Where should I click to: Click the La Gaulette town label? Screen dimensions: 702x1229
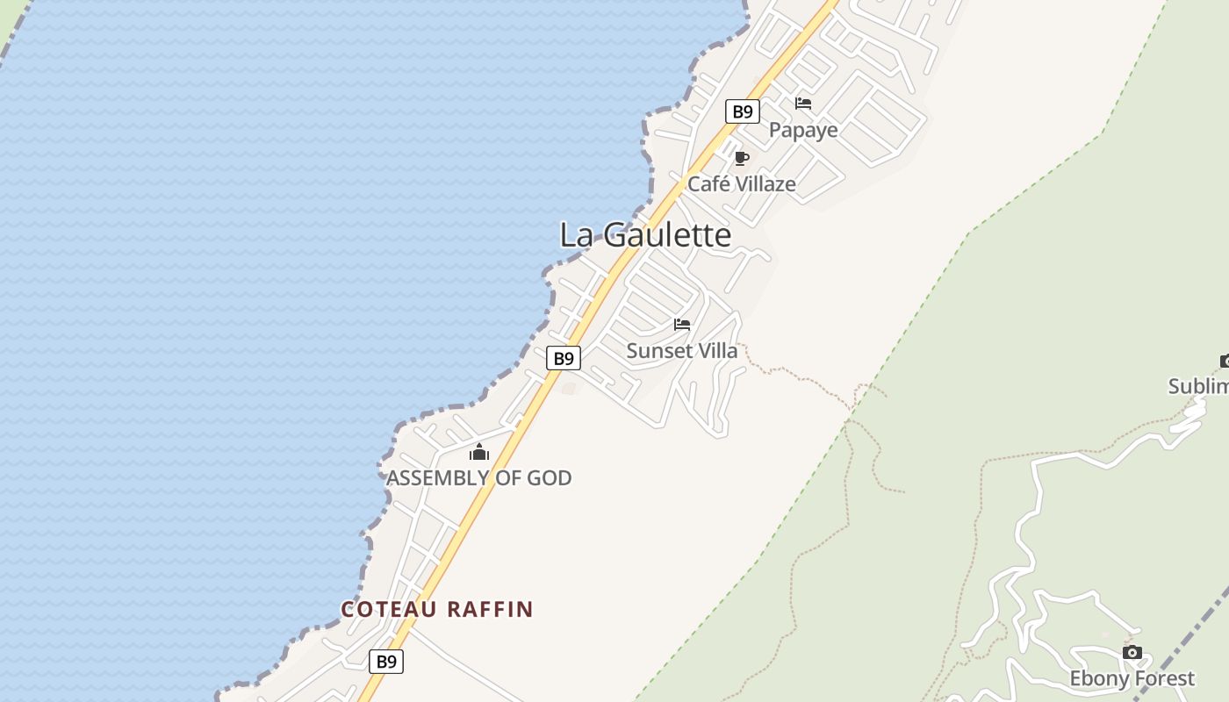tap(645, 234)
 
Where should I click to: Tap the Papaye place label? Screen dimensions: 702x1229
tap(803, 130)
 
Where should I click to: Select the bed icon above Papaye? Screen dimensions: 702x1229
tap(803, 104)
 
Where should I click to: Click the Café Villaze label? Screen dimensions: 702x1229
tap(742, 184)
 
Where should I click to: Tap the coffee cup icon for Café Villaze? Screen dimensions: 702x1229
tap(742, 159)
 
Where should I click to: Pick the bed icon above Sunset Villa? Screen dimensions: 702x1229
tap(682, 325)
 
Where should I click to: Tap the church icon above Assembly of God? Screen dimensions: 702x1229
tap(479, 452)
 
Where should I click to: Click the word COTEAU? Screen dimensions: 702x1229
tap(389, 609)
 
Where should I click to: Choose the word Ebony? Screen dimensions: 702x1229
tap(1098, 678)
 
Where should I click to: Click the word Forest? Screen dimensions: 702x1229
tap(1163, 678)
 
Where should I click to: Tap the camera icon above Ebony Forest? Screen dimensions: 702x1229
tap(1132, 652)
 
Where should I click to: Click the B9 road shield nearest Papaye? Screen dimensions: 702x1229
tap(743, 111)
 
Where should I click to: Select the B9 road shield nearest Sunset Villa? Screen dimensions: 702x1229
tap(564, 358)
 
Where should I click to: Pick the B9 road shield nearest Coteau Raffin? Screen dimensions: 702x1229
tap(386, 662)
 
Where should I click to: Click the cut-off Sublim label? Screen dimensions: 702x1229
tap(1198, 386)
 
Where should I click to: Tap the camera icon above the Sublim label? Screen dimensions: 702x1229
tap(1225, 361)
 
